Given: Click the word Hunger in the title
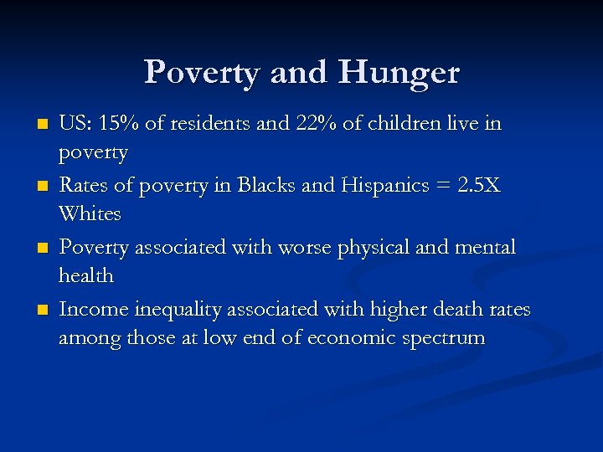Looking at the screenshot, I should tap(399, 74).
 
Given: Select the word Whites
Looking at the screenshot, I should tap(90, 214).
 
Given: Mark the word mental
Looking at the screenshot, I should tap(487, 248).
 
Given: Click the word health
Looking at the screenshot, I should tap(86, 276).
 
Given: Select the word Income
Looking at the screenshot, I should tap(90, 310).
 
